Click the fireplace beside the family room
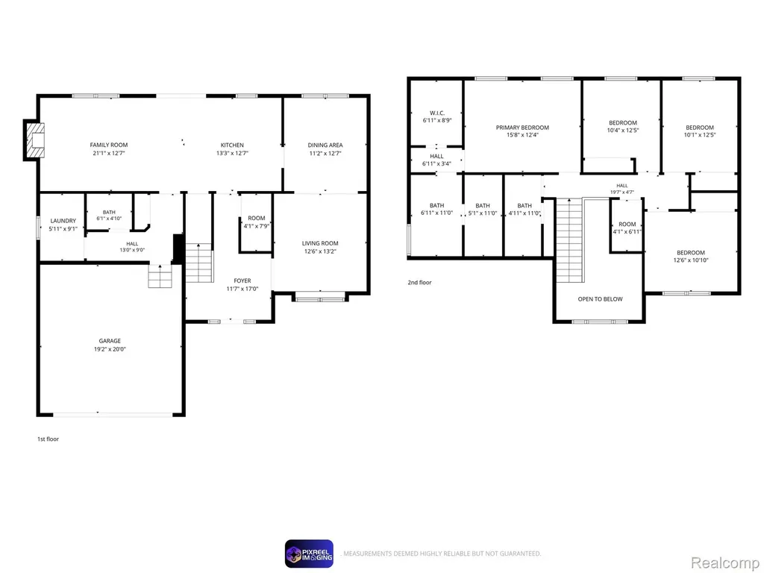click(35, 140)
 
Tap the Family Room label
click(109, 145)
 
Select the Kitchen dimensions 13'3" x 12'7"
click(233, 154)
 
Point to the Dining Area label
click(325, 145)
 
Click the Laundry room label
click(63, 221)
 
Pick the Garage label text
click(110, 341)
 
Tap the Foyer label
click(242, 281)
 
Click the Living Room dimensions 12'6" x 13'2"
click(320, 252)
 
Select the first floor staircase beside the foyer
click(199, 263)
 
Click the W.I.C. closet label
click(437, 113)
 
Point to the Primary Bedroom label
click(522, 128)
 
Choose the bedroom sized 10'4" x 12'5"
click(623, 127)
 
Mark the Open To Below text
click(600, 299)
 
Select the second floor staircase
click(569, 240)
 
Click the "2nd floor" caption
click(419, 283)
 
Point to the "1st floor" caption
click(48, 439)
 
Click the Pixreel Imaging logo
click(309, 554)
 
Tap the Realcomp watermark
click(725, 563)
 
